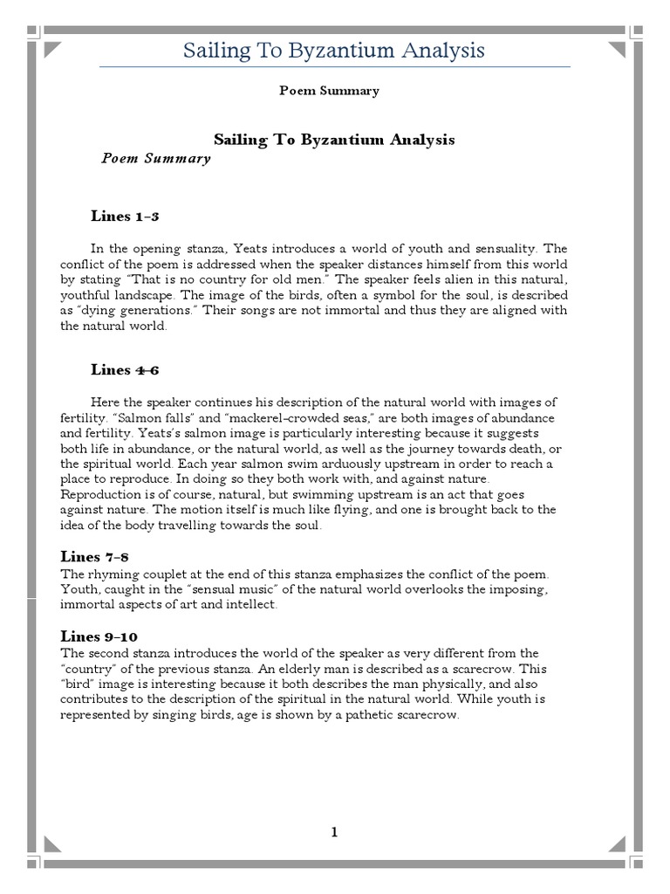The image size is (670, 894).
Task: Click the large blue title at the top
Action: click(333, 51)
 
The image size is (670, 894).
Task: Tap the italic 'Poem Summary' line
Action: click(155, 159)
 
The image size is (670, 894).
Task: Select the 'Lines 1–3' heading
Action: click(125, 216)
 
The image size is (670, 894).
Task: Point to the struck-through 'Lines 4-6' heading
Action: click(125, 369)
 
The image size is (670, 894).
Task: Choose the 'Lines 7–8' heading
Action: click(95, 556)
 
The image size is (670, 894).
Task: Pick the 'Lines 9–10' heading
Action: click(99, 636)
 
